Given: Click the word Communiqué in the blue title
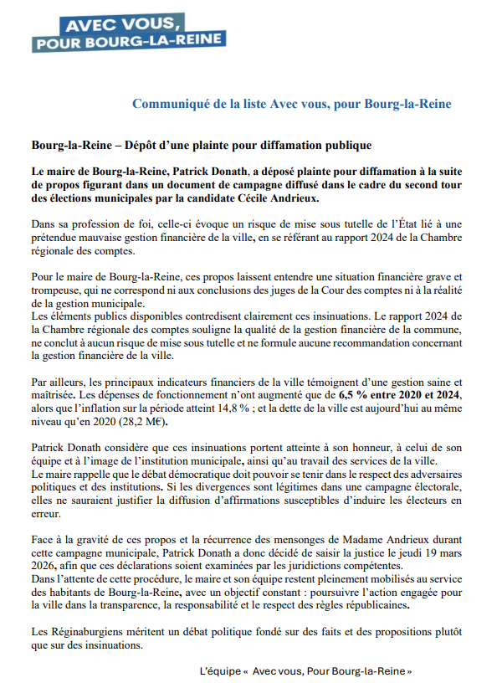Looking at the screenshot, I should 172,104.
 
